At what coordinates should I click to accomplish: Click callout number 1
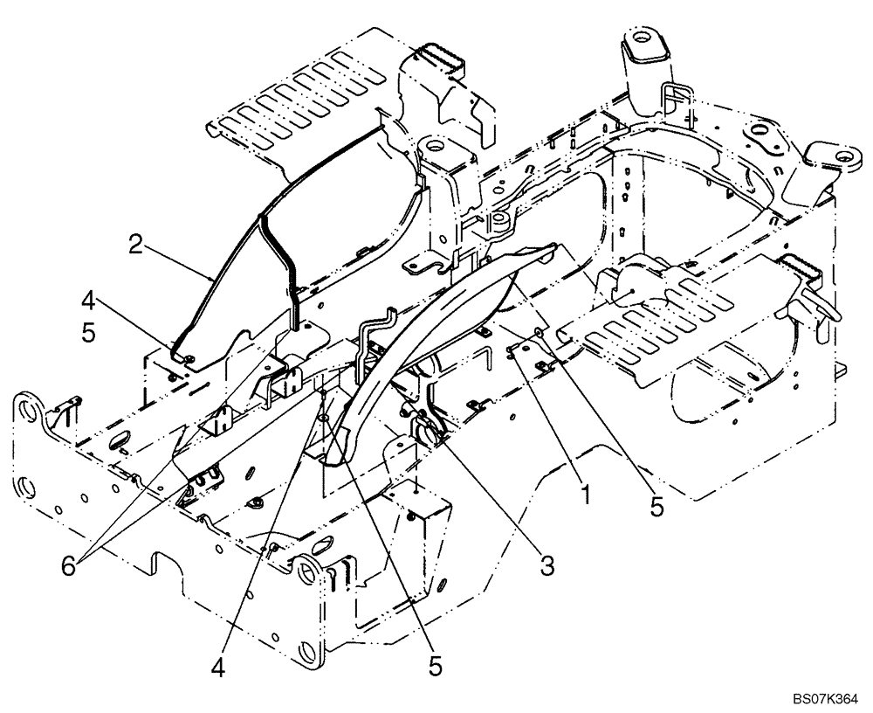[586, 496]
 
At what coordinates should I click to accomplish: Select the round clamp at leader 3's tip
[423, 430]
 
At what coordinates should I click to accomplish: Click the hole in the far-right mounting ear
[844, 156]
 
